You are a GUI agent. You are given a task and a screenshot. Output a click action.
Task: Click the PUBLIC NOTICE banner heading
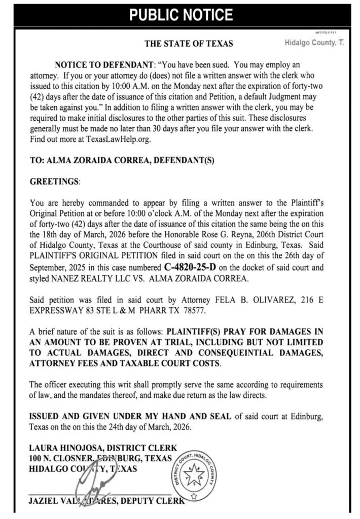click(180, 15)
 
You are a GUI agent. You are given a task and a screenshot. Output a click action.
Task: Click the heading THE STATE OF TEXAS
click(189, 44)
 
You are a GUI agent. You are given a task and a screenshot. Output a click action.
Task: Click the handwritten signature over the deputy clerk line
click(91, 487)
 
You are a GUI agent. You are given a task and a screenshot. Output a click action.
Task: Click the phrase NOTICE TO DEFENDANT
click(97, 65)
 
